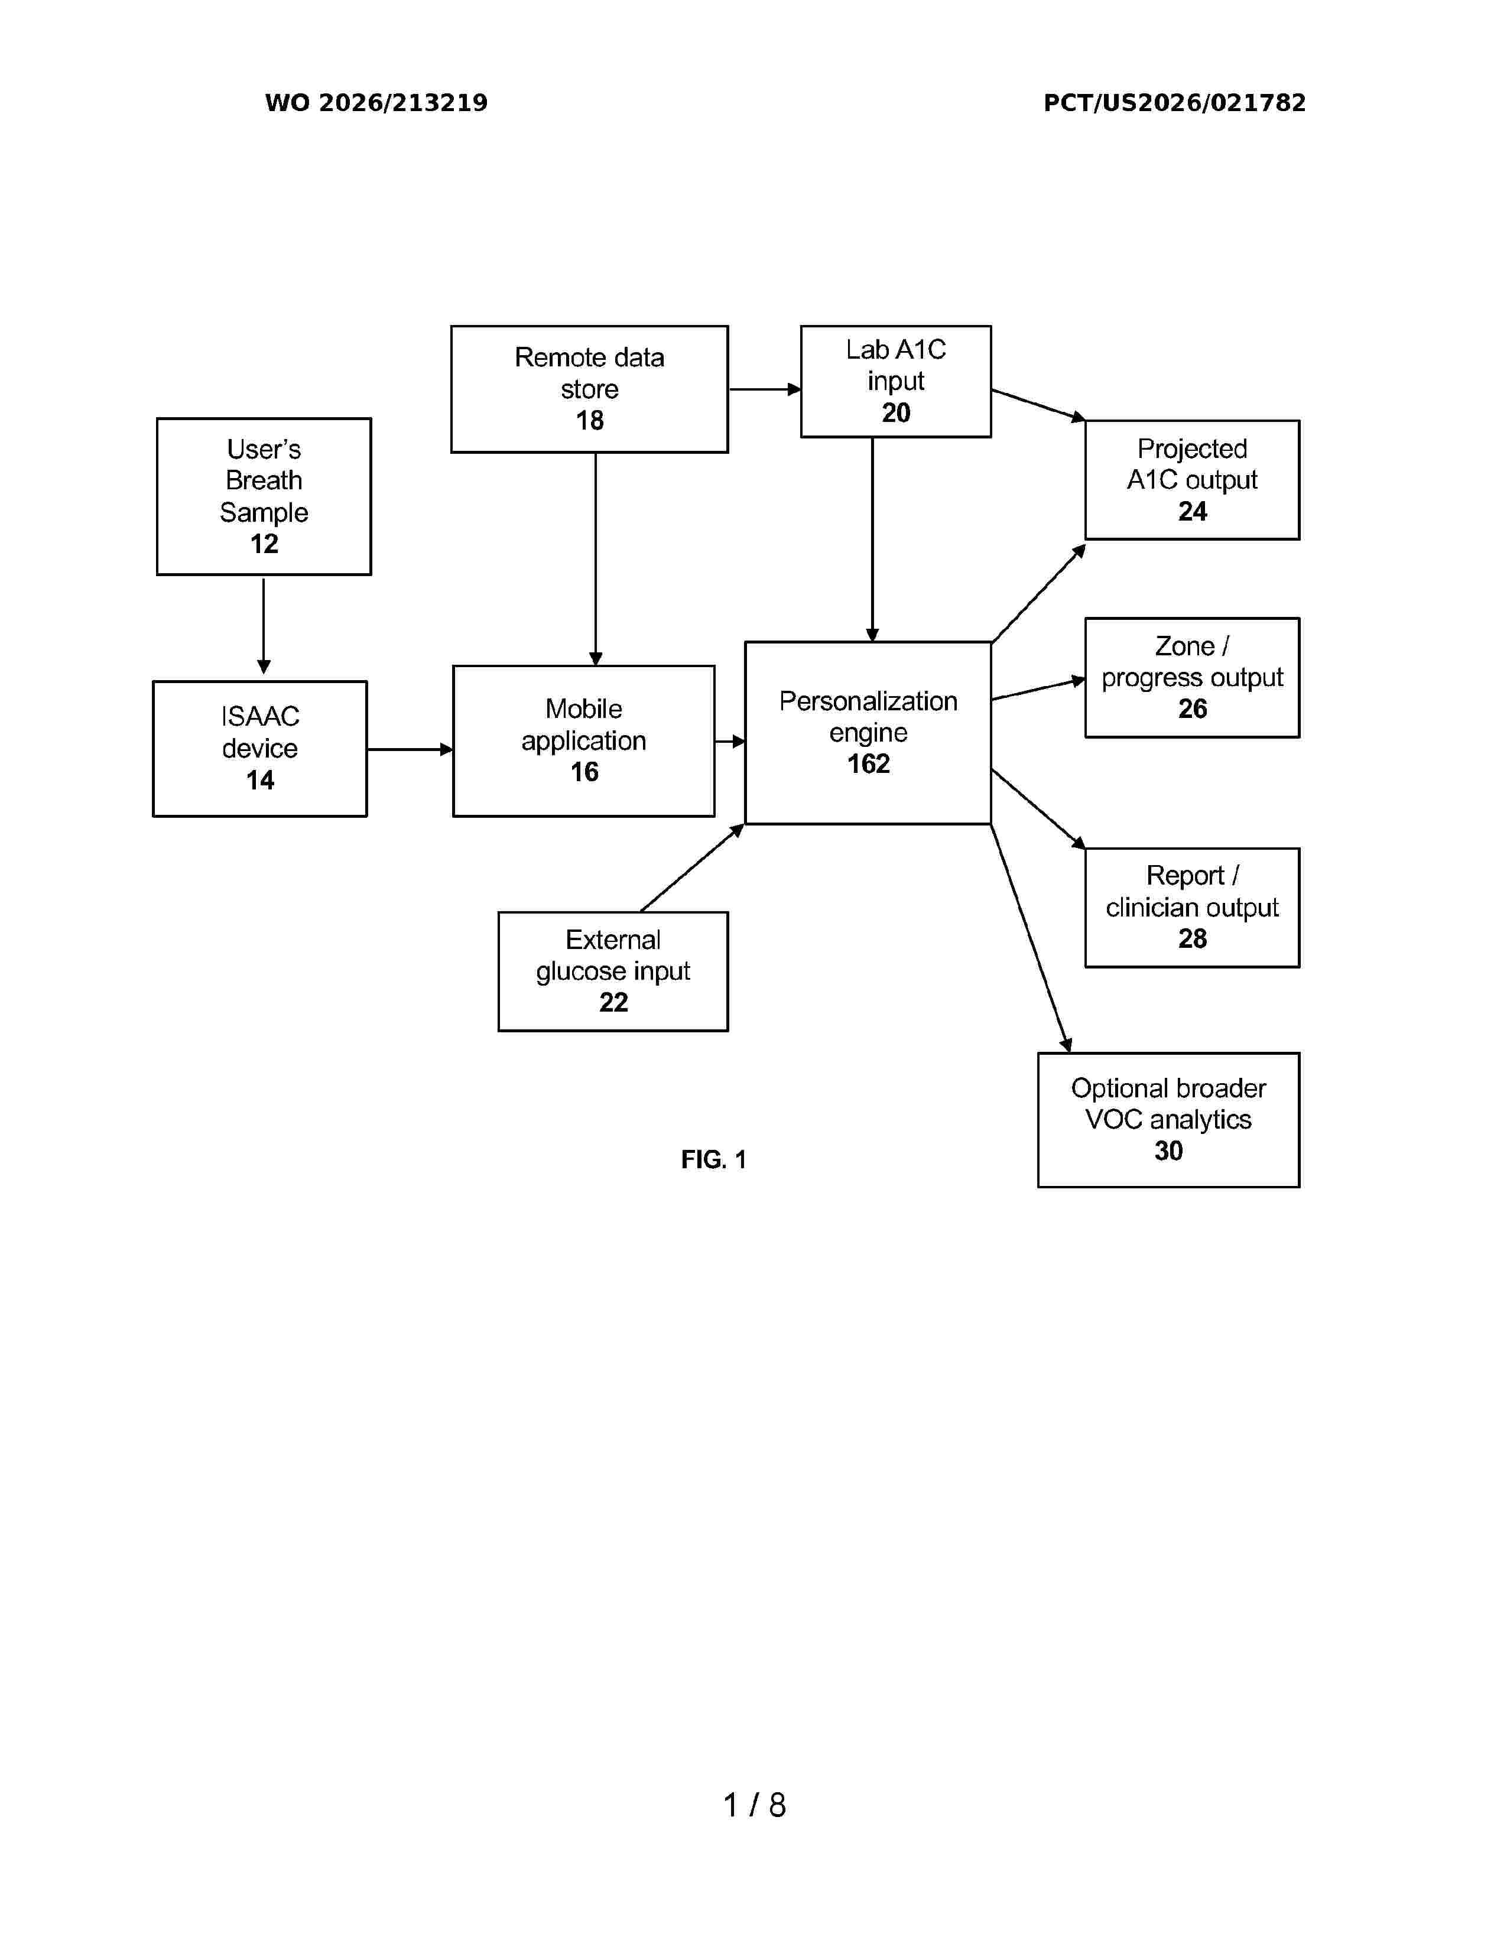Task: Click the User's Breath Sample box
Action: (264, 496)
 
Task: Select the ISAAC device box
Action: (260, 748)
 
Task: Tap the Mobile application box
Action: (584, 741)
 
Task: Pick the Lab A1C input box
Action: (895, 381)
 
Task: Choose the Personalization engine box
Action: (868, 732)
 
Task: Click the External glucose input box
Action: (613, 971)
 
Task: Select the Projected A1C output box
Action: (1192, 479)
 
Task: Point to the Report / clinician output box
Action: (1192, 907)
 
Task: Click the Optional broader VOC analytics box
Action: (1168, 1120)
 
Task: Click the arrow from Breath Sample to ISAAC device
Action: (264, 626)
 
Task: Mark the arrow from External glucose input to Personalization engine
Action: (693, 867)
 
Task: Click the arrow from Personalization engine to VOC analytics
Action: (1031, 938)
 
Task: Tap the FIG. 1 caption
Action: (713, 1159)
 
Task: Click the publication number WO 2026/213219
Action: (376, 103)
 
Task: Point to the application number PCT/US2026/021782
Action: (1174, 103)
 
